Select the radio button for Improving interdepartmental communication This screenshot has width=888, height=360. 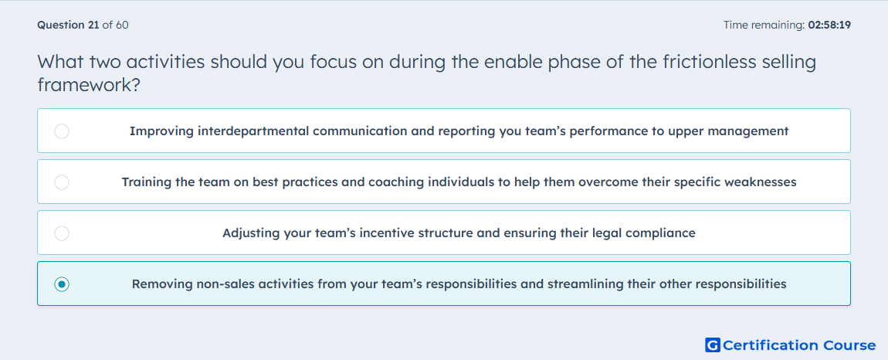click(x=62, y=131)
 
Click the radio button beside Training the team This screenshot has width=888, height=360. click(x=62, y=182)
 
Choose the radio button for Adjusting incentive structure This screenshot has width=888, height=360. click(x=62, y=233)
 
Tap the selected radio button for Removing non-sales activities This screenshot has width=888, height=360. click(x=62, y=284)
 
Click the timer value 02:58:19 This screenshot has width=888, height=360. click(x=829, y=25)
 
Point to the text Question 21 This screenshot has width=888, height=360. click(x=68, y=25)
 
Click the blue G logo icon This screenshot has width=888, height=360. click(x=713, y=345)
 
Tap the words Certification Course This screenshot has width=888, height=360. click(x=799, y=345)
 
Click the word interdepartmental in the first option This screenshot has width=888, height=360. click(x=253, y=131)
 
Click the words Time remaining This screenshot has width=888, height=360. click(x=764, y=25)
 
